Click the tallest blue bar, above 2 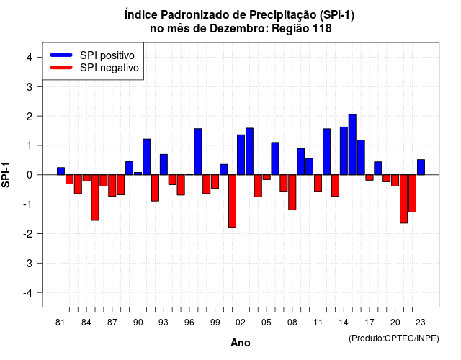pos(352,145)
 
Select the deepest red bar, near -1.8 pos(232,201)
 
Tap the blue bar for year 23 pos(421,167)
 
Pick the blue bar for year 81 pos(61,171)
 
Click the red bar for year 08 pos(292,192)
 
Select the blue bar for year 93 pos(164,165)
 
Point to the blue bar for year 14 pos(344,151)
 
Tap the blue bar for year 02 pos(241,155)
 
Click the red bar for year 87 pos(112,186)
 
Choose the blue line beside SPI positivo pos(61,55)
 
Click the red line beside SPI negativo pos(61,67)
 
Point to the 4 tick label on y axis pos(30,58)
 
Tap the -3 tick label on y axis pos(27,264)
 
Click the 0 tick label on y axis pos(30,175)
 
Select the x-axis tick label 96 pos(189,323)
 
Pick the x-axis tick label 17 pos(370,323)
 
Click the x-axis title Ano pos(241,343)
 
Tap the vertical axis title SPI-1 pos(6,175)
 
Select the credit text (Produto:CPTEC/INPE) pos(394,338)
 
